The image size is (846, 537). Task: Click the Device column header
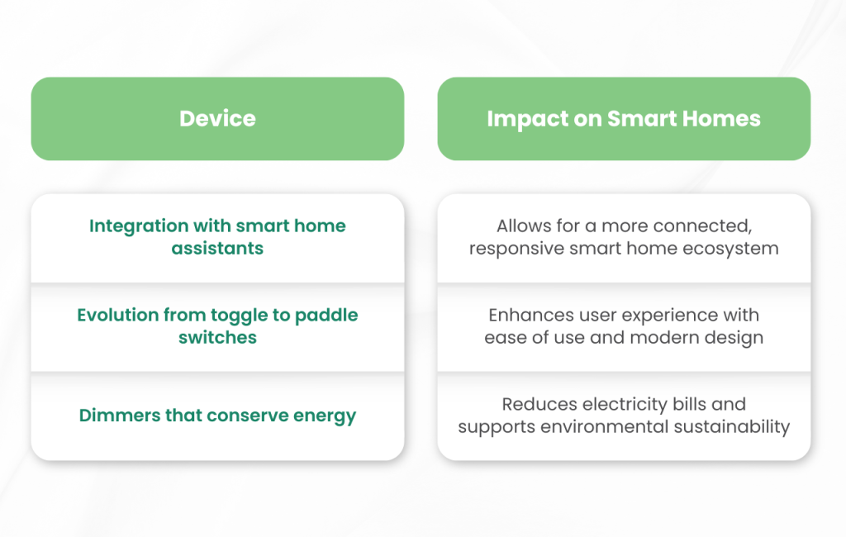(x=217, y=118)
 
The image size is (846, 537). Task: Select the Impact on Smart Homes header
(x=624, y=118)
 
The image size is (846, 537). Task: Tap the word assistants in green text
(x=217, y=248)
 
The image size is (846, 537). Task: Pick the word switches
(x=217, y=337)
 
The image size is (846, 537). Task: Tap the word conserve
(x=245, y=415)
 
